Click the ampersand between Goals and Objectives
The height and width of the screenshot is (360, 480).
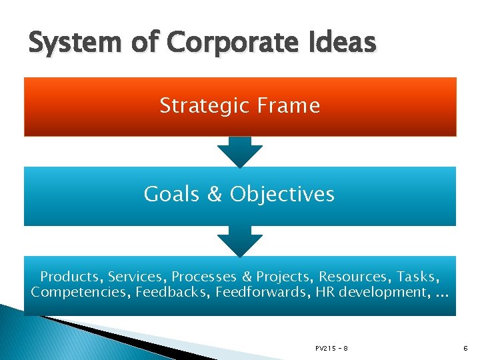click(x=215, y=194)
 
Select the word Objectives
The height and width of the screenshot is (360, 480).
click(x=282, y=194)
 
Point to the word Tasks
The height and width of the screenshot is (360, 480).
click(x=419, y=277)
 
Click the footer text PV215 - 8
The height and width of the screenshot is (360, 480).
click(x=331, y=349)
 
